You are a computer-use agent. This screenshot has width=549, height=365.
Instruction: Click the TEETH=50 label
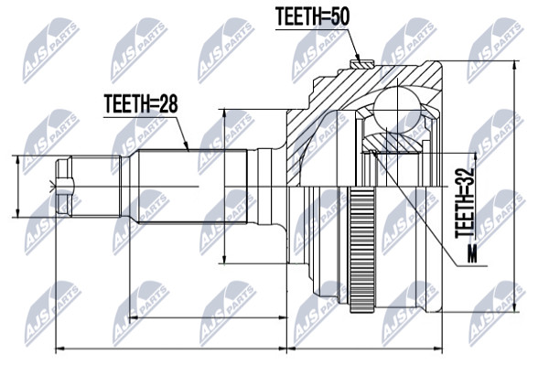pyautogui.click(x=312, y=16)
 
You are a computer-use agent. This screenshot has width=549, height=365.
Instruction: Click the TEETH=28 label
pyautogui.click(x=141, y=104)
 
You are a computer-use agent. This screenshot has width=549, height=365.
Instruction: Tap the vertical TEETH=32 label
pyautogui.click(x=465, y=203)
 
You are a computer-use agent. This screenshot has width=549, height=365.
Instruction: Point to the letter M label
pyautogui.click(x=472, y=253)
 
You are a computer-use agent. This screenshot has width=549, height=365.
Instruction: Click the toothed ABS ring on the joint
pyautogui.click(x=361, y=249)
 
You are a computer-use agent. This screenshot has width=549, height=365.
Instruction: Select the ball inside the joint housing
pyautogui.click(x=397, y=110)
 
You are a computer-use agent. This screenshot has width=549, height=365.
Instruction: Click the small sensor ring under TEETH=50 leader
pyautogui.click(x=362, y=64)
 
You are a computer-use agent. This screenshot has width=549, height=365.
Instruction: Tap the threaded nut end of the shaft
pyautogui.click(x=64, y=187)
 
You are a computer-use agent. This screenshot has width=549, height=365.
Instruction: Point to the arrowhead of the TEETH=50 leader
pyautogui.click(x=358, y=58)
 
